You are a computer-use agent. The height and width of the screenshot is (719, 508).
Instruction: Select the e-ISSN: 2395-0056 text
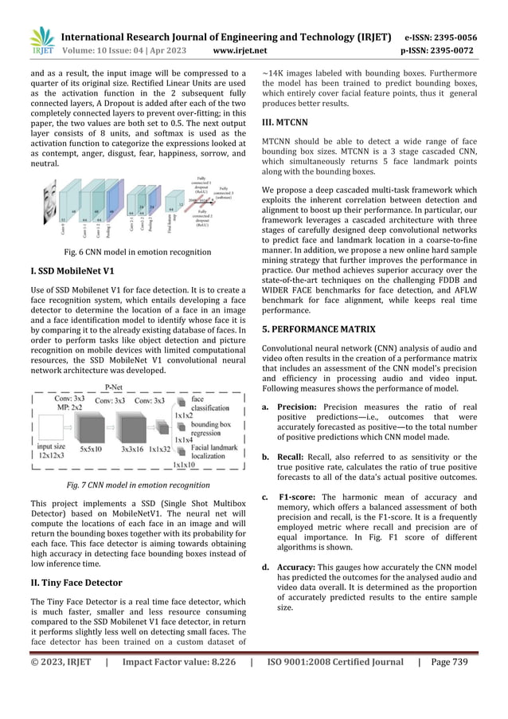(x=451, y=37)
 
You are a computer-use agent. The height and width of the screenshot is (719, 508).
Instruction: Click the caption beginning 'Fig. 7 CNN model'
(x=127, y=485)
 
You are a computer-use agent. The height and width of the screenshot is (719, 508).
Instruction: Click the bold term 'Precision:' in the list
(x=298, y=407)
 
